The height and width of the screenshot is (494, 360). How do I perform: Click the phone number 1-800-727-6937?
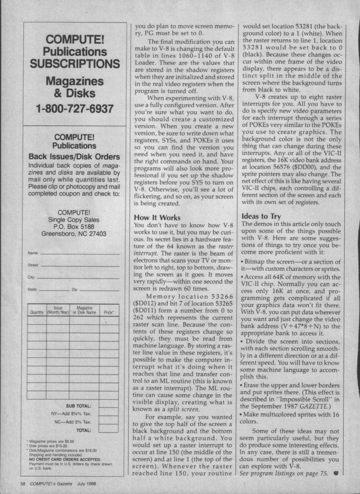[75, 109]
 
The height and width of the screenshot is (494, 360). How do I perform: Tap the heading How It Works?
[157, 217]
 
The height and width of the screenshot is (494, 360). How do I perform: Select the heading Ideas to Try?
[261, 216]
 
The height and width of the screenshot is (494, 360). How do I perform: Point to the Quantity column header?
[36, 311]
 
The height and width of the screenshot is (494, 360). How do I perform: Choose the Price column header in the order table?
[108, 311]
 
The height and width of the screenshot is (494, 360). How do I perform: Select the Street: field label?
[34, 266]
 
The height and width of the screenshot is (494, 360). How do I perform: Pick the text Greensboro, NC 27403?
[74, 234]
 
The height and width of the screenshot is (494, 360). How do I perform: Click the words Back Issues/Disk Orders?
[74, 157]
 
